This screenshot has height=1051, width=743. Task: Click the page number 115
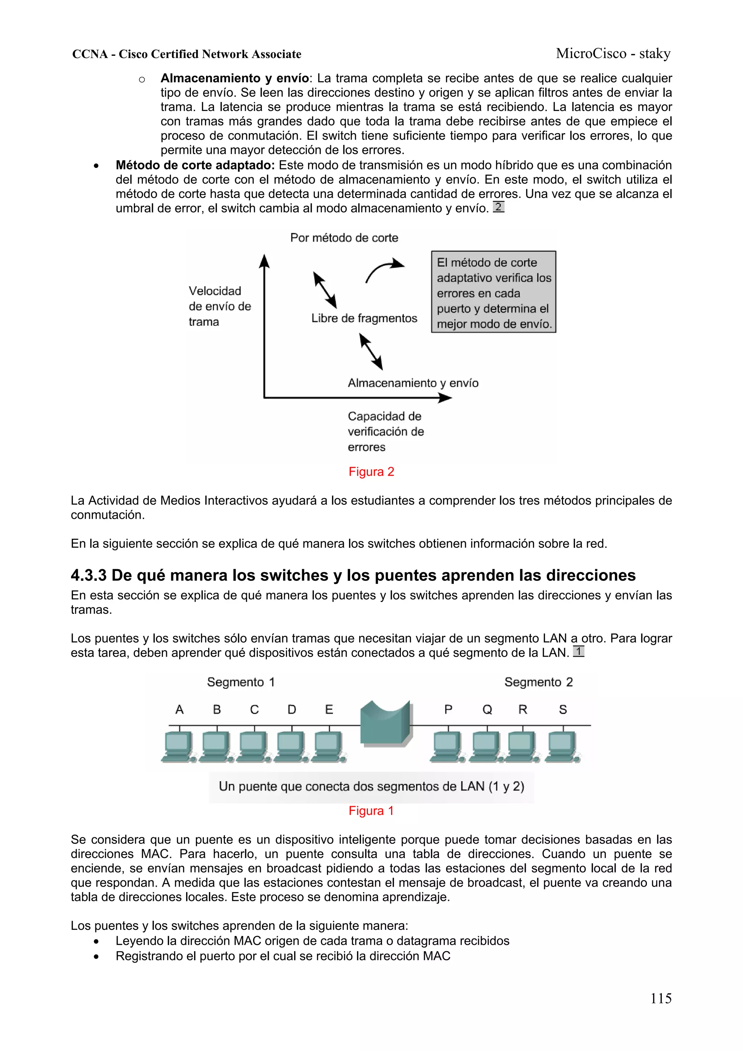click(661, 998)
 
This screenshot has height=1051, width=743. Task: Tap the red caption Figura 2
click(371, 472)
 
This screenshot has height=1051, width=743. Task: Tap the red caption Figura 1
click(371, 811)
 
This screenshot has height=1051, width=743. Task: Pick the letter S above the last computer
click(563, 710)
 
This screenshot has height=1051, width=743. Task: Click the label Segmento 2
click(538, 682)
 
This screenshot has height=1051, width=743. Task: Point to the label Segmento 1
click(241, 682)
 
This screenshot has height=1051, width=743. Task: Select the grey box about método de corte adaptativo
click(493, 292)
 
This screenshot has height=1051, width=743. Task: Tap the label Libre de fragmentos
click(364, 318)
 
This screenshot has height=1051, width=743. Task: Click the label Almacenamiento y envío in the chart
click(413, 383)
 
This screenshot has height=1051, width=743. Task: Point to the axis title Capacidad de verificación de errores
click(385, 431)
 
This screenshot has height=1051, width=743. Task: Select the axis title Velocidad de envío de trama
click(219, 306)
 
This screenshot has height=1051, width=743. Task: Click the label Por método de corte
click(344, 238)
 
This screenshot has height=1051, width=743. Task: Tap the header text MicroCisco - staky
click(613, 54)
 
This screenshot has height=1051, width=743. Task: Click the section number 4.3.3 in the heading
click(89, 575)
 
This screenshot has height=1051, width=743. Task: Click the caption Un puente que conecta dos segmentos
click(371, 787)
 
